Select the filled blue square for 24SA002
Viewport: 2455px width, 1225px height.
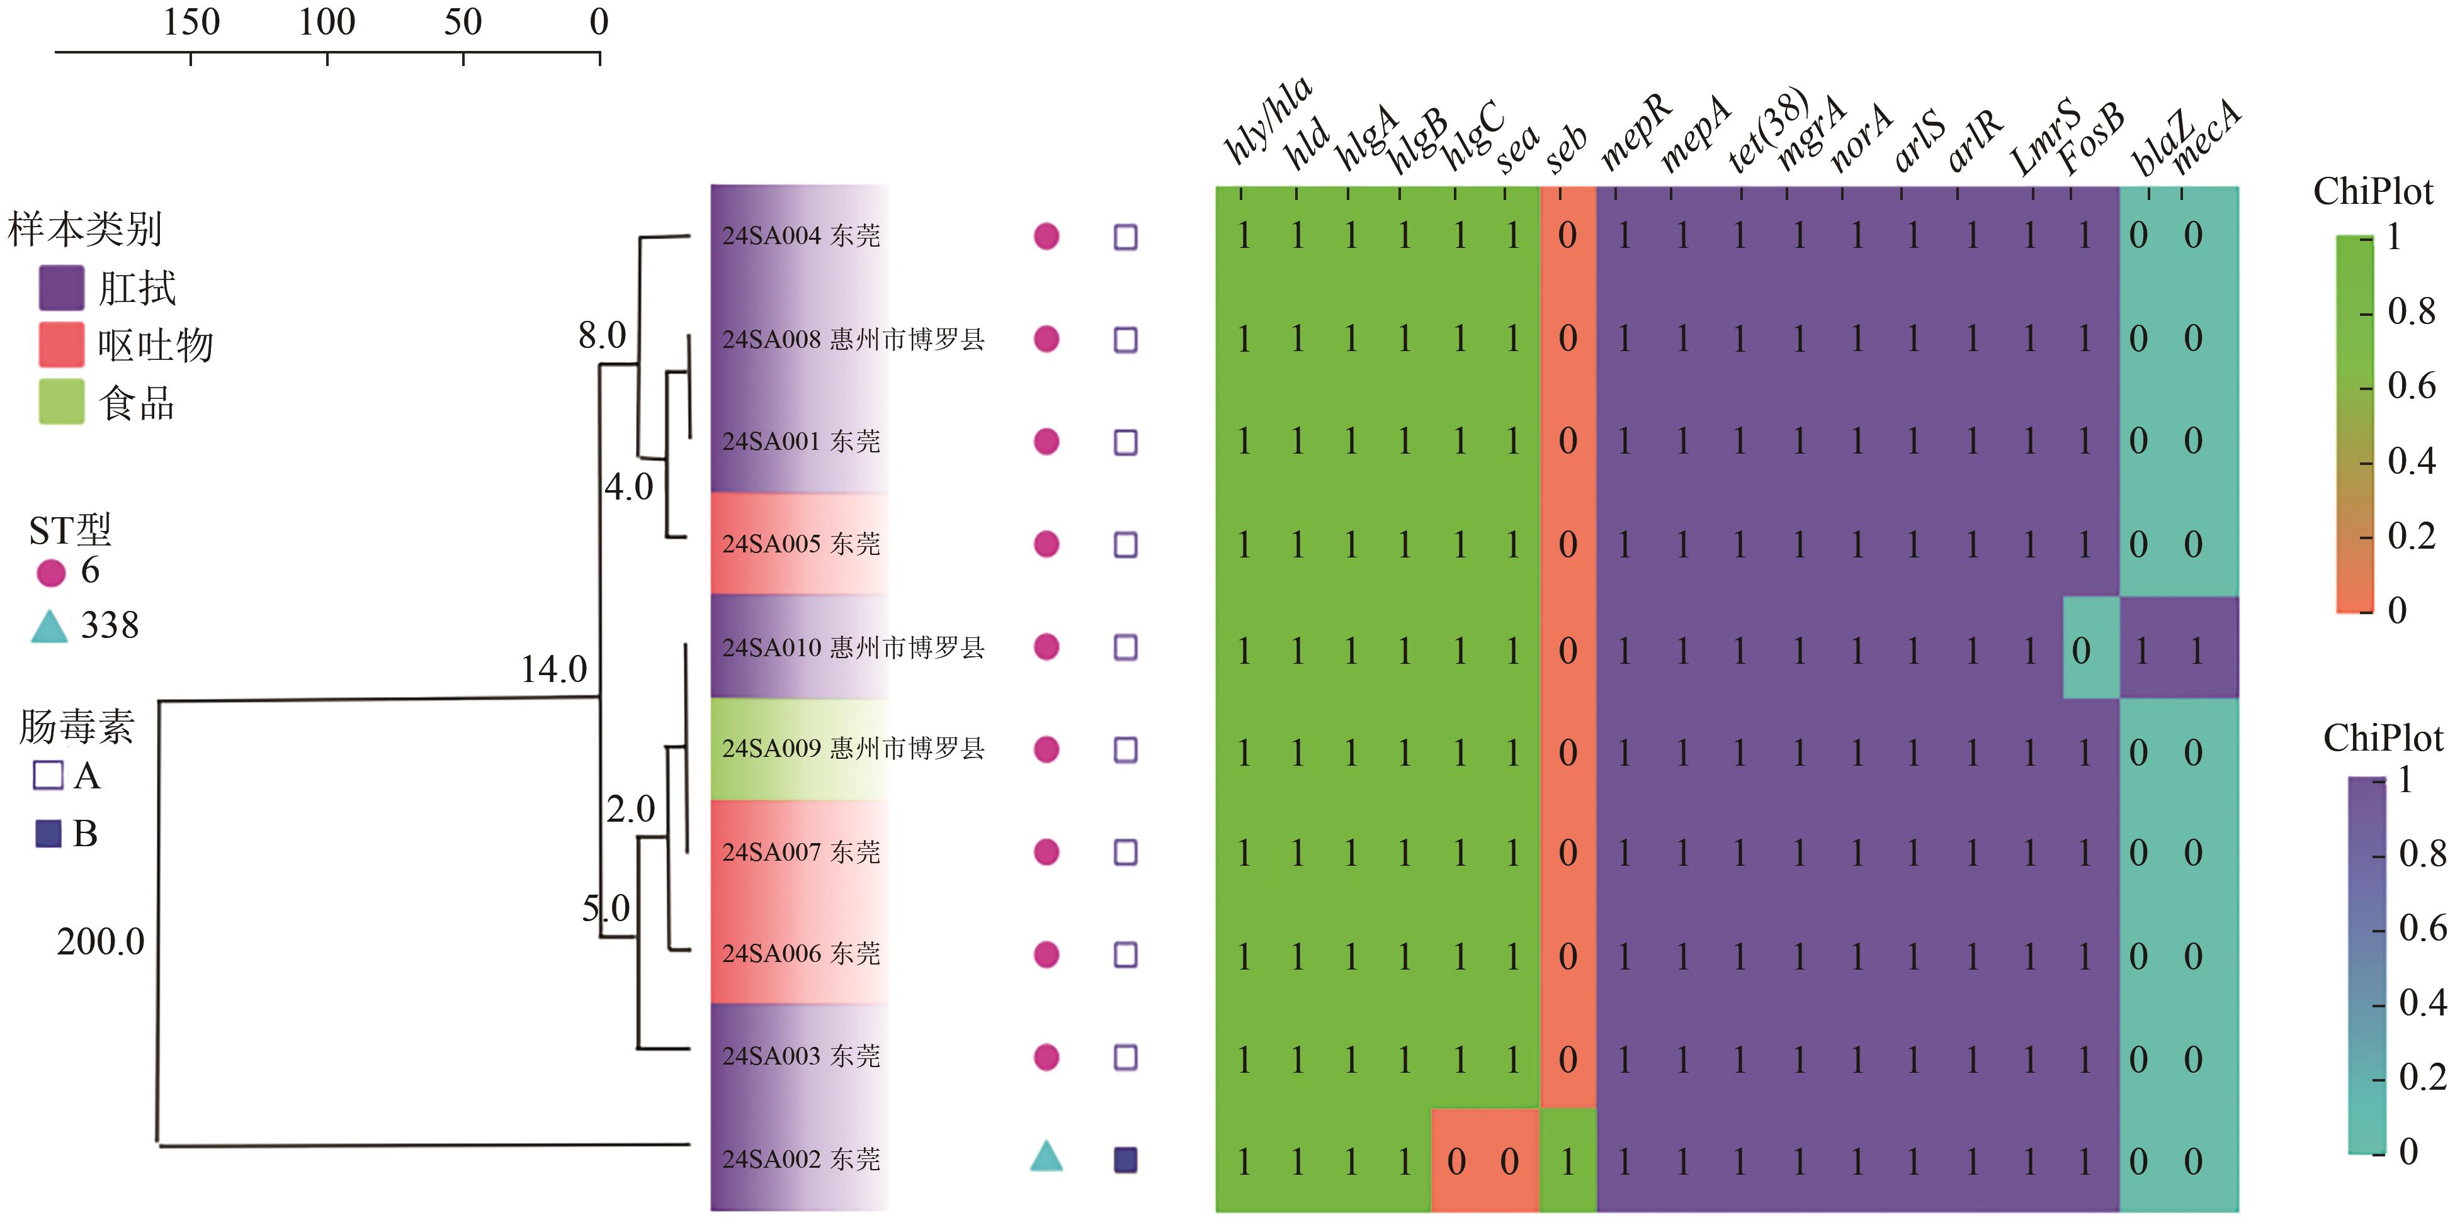(1126, 1160)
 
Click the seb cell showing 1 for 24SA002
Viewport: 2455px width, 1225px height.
(1568, 1160)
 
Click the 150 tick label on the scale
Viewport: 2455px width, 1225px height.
(191, 22)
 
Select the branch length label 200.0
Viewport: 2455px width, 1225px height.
(100, 941)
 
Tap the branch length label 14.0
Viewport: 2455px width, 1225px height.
(553, 669)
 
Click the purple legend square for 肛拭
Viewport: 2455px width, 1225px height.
(61, 288)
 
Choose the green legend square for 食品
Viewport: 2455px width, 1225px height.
(61, 401)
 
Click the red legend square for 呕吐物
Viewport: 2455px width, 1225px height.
(61, 345)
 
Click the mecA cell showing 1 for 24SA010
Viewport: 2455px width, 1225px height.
(2197, 650)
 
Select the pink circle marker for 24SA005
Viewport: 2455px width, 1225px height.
(1046, 544)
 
